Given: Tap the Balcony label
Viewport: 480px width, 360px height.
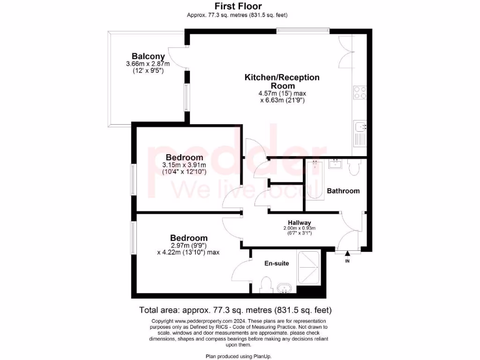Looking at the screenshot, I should tap(148, 56).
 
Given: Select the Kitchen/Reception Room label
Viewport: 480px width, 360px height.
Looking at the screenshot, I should tap(282, 81).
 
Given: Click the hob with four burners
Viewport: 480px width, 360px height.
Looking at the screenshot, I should tap(360, 92).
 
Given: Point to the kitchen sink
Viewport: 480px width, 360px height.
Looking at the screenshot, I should tap(360, 127).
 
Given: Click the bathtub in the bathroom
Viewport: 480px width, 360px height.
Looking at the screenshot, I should tap(315, 180).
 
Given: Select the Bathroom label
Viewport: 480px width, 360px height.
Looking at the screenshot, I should tap(343, 191).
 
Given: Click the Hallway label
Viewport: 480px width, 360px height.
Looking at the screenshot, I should tap(299, 223).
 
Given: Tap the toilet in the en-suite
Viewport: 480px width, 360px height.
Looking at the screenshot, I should tap(266, 285).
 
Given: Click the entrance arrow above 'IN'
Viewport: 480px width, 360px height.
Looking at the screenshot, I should tap(347, 255).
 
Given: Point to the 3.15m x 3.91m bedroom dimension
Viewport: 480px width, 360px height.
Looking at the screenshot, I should tap(184, 165).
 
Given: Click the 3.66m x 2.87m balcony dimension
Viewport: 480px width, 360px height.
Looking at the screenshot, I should tap(148, 64).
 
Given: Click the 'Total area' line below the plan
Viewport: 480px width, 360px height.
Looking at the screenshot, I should tap(235, 310).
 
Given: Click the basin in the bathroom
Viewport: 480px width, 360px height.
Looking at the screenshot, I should tap(336, 164).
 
